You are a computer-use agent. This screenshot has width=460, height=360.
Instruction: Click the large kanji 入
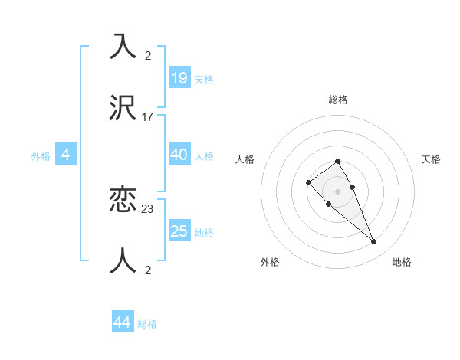click(x=123, y=47)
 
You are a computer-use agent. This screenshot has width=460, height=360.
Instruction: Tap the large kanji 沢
click(x=123, y=108)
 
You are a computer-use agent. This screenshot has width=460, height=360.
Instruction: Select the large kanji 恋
click(x=123, y=200)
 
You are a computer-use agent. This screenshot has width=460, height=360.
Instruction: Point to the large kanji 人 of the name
click(x=123, y=261)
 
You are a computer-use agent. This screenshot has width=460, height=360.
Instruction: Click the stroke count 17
click(x=148, y=117)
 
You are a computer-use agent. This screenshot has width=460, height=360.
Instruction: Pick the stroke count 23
click(x=148, y=208)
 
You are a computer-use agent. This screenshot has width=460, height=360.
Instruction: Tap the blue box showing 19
click(x=179, y=78)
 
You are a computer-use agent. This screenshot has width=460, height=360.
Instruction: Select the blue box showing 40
click(x=179, y=155)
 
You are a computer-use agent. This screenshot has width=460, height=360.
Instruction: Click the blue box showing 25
click(x=179, y=231)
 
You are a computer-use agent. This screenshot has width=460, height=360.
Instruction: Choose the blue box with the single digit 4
click(x=66, y=155)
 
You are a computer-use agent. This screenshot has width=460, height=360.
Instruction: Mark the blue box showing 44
click(x=122, y=322)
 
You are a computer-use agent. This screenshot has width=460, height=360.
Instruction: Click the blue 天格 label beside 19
click(x=204, y=79)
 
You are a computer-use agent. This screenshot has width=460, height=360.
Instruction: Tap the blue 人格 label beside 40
click(x=204, y=155)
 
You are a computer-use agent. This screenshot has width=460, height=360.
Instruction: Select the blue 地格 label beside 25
click(x=204, y=232)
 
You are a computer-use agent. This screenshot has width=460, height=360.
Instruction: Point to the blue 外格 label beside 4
click(x=41, y=155)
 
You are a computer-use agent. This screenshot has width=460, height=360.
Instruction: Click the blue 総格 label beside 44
click(x=147, y=324)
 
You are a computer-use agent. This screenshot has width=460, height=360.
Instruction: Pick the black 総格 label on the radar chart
click(x=338, y=100)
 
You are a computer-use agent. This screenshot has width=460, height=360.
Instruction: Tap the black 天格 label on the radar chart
click(x=431, y=159)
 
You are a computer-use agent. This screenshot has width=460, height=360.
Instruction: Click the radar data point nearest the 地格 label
click(x=373, y=242)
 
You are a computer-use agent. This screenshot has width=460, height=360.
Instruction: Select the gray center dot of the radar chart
click(x=337, y=191)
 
